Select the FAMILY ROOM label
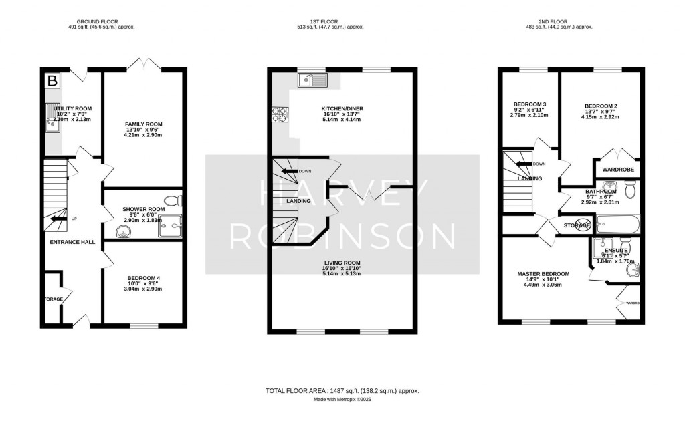(x=143, y=124)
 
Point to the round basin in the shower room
(x=123, y=232)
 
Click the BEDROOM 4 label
(x=143, y=277)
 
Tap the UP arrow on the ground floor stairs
(x=60, y=219)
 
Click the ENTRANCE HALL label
(x=66, y=243)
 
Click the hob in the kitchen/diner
(x=278, y=115)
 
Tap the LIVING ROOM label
(x=342, y=263)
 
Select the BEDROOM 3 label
(x=530, y=104)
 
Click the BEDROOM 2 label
(x=601, y=106)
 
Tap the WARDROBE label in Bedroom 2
(x=617, y=169)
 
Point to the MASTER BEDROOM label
(x=543, y=273)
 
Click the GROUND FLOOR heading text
(x=88, y=19)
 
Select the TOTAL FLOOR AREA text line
(x=342, y=390)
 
